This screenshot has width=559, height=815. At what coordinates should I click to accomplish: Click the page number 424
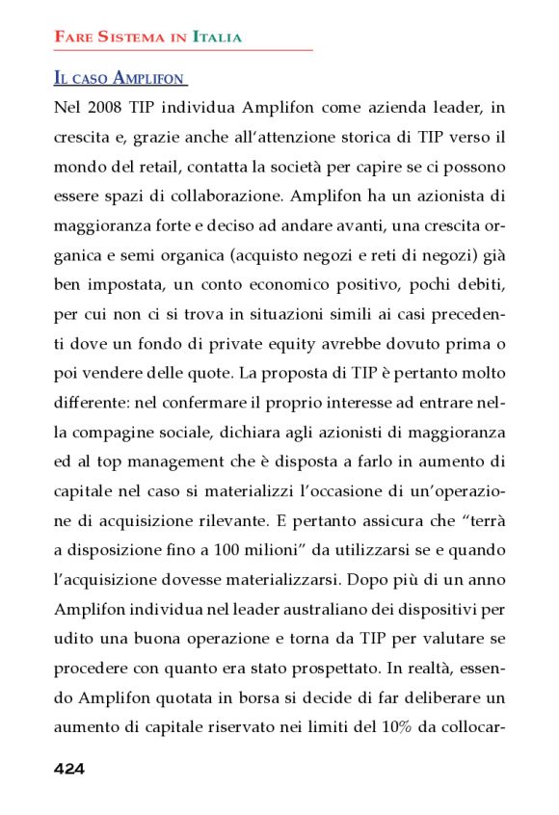[69, 768]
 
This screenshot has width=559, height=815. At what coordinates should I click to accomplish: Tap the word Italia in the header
[217, 38]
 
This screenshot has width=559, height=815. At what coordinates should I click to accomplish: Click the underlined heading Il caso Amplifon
[120, 77]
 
